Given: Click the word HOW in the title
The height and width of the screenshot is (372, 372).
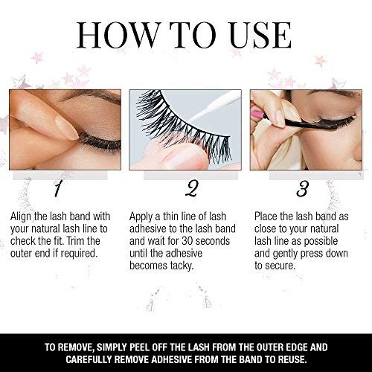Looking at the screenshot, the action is pyautogui.click(x=117, y=35).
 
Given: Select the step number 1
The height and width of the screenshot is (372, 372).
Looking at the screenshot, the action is pyautogui.click(x=57, y=189).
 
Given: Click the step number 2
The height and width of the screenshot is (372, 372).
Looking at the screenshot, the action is pyautogui.click(x=192, y=189).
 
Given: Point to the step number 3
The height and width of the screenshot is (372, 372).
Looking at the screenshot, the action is pyautogui.click(x=302, y=189).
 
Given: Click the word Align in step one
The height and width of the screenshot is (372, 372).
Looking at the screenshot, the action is pyautogui.click(x=21, y=217).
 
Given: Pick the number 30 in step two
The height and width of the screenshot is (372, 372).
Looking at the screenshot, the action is pyautogui.click(x=188, y=241).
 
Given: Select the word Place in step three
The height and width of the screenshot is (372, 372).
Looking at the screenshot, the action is pyautogui.click(x=266, y=217).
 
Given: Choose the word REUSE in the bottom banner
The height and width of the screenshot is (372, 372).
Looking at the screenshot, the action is pyautogui.click(x=291, y=359).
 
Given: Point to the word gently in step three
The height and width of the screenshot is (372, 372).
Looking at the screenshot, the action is pyautogui.click(x=286, y=254).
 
